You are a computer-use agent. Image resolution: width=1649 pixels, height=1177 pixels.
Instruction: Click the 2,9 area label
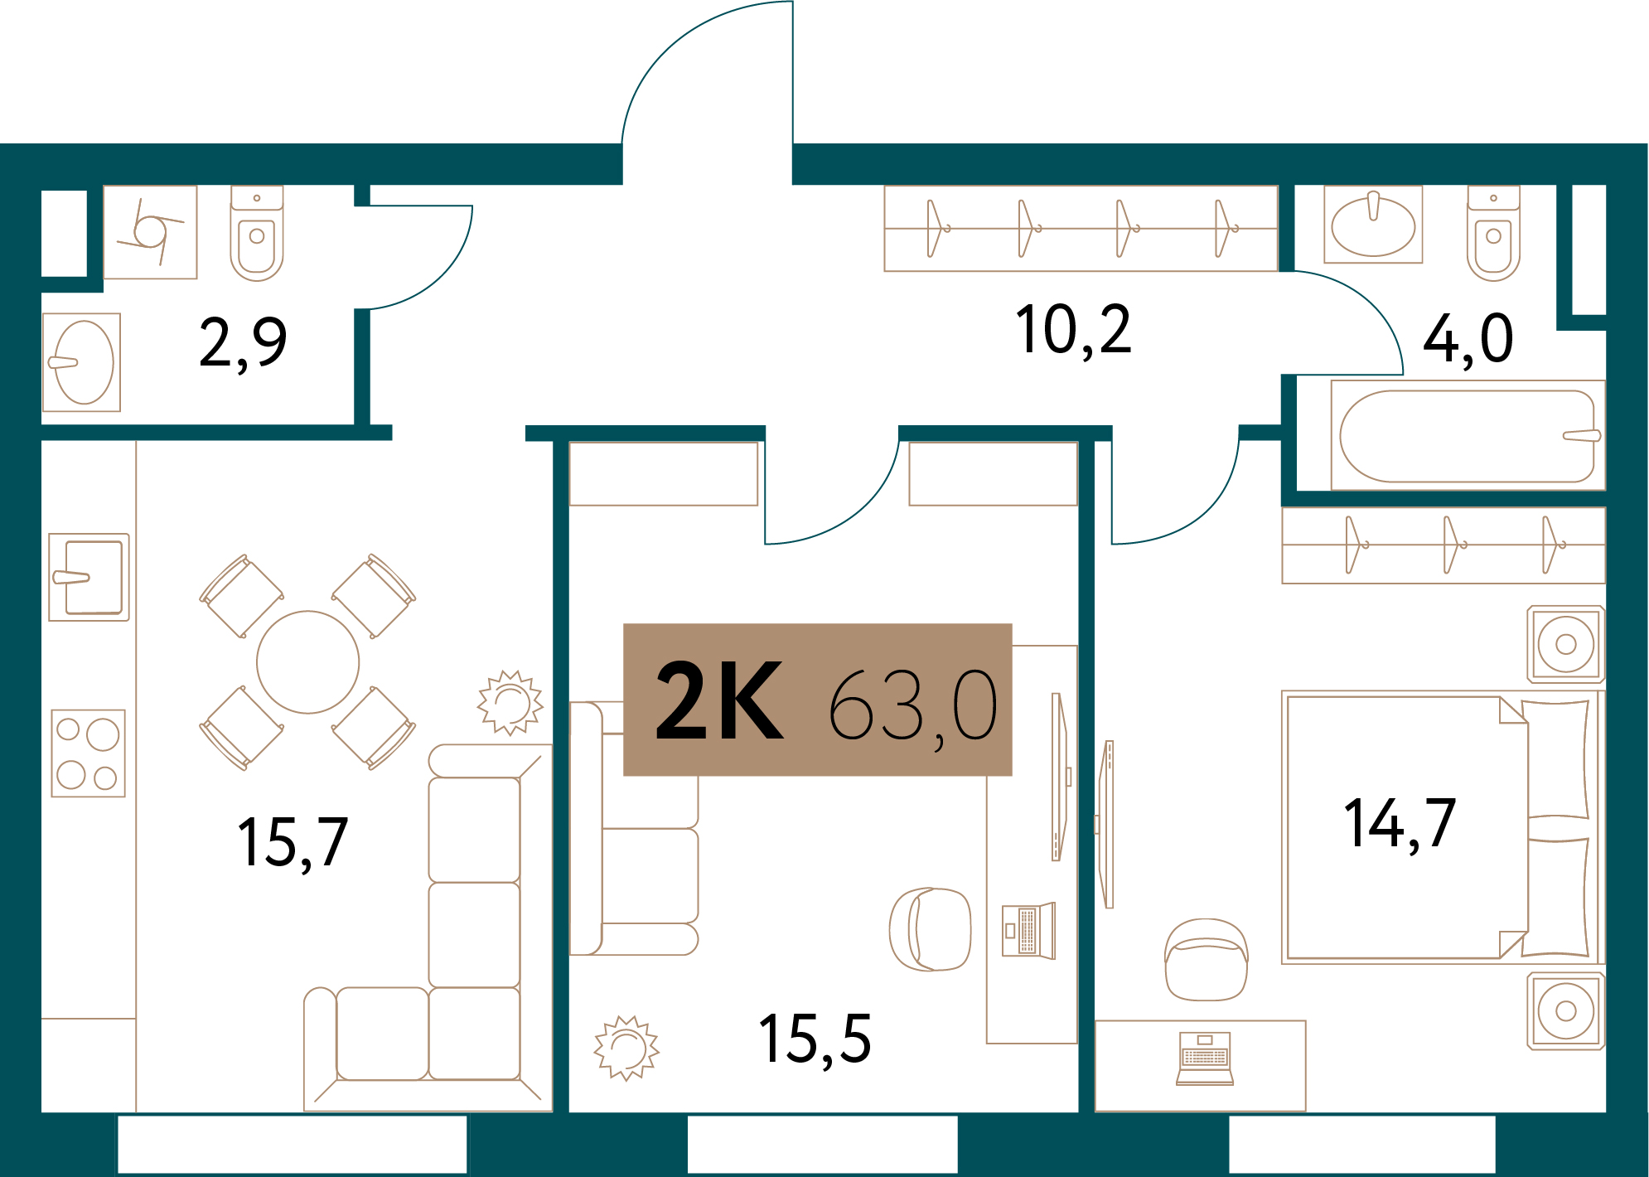(243, 343)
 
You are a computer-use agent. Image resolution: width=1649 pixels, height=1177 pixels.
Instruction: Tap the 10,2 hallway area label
(1073, 331)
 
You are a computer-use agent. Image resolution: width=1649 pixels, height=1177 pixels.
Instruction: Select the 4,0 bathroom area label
(1468, 340)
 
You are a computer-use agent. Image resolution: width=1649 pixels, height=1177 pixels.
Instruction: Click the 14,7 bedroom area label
(1400, 824)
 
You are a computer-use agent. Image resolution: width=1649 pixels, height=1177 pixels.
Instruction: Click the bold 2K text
(718, 701)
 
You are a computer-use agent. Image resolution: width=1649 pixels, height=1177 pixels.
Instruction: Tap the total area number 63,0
(912, 707)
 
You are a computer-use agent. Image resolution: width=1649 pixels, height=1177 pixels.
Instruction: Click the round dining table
(308, 662)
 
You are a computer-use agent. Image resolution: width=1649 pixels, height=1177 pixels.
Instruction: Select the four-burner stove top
(89, 753)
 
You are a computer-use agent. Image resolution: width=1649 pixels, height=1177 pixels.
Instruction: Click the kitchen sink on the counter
(89, 578)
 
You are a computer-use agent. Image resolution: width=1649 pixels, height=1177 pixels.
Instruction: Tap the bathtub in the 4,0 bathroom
(1468, 436)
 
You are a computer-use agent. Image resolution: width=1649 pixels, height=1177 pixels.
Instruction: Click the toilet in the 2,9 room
(257, 234)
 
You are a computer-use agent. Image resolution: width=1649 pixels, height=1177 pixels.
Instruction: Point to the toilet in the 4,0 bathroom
(1493, 234)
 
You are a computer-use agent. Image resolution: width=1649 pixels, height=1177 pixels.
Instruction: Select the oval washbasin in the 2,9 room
(82, 362)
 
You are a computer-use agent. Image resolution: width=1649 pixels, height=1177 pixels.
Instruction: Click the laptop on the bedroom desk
(1205, 1058)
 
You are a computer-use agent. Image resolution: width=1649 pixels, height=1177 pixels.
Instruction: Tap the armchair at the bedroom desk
(1207, 960)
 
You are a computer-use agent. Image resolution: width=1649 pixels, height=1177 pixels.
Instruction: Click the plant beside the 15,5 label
(626, 1049)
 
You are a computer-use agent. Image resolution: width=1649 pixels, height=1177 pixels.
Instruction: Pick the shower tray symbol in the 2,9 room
(150, 232)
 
